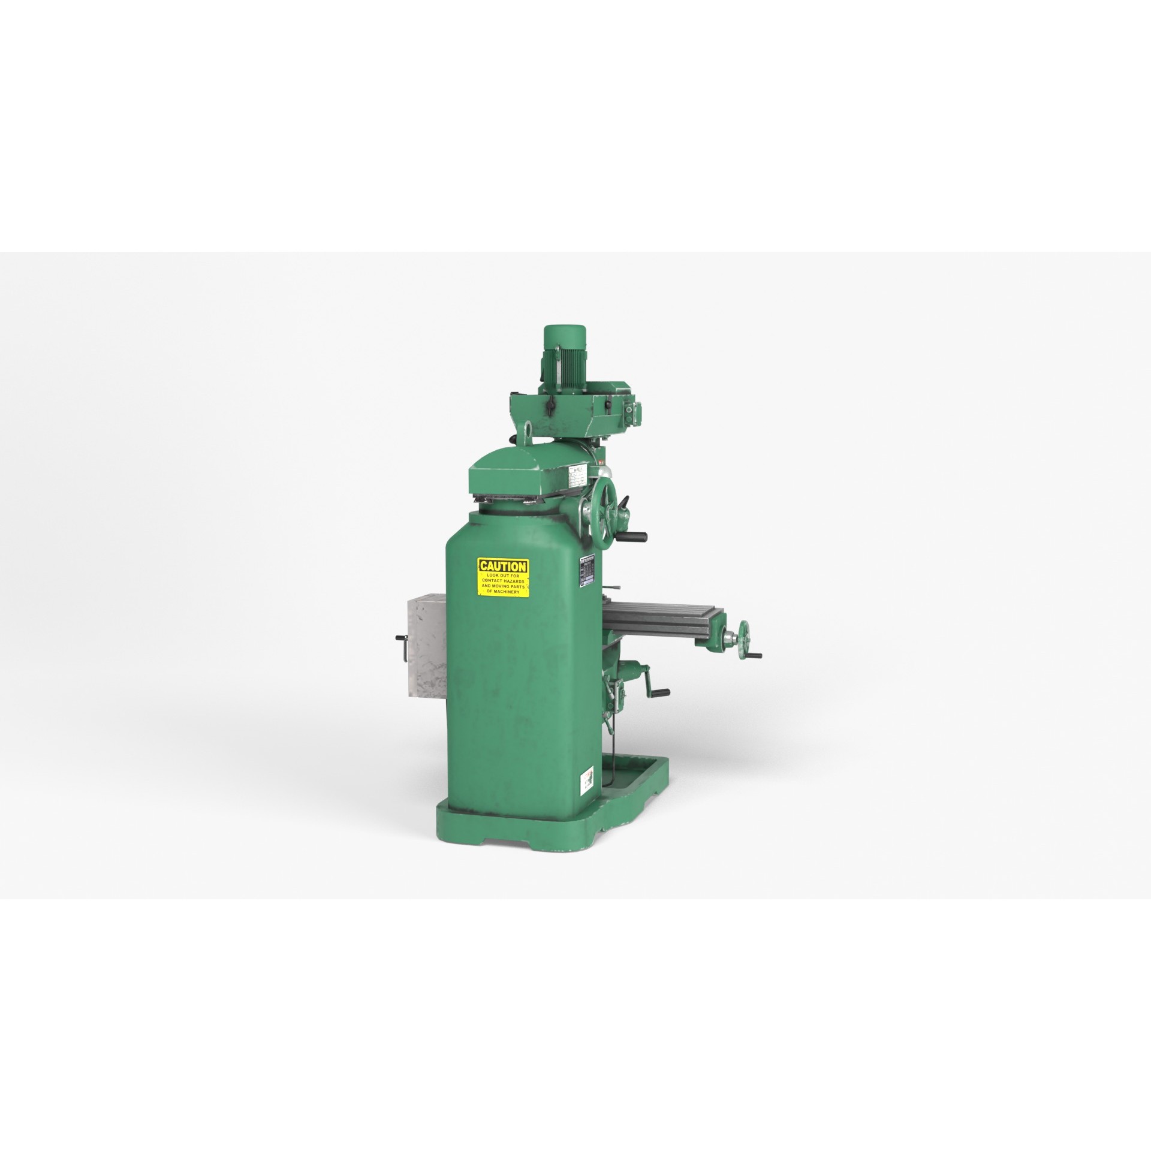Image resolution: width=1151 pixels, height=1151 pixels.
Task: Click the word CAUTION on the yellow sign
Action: tap(503, 566)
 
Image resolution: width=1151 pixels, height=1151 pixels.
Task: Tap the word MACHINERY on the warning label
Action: tap(512, 591)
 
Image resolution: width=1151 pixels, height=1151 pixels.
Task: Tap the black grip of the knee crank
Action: tap(661, 693)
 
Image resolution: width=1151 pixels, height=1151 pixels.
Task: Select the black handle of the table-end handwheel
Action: tap(757, 655)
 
